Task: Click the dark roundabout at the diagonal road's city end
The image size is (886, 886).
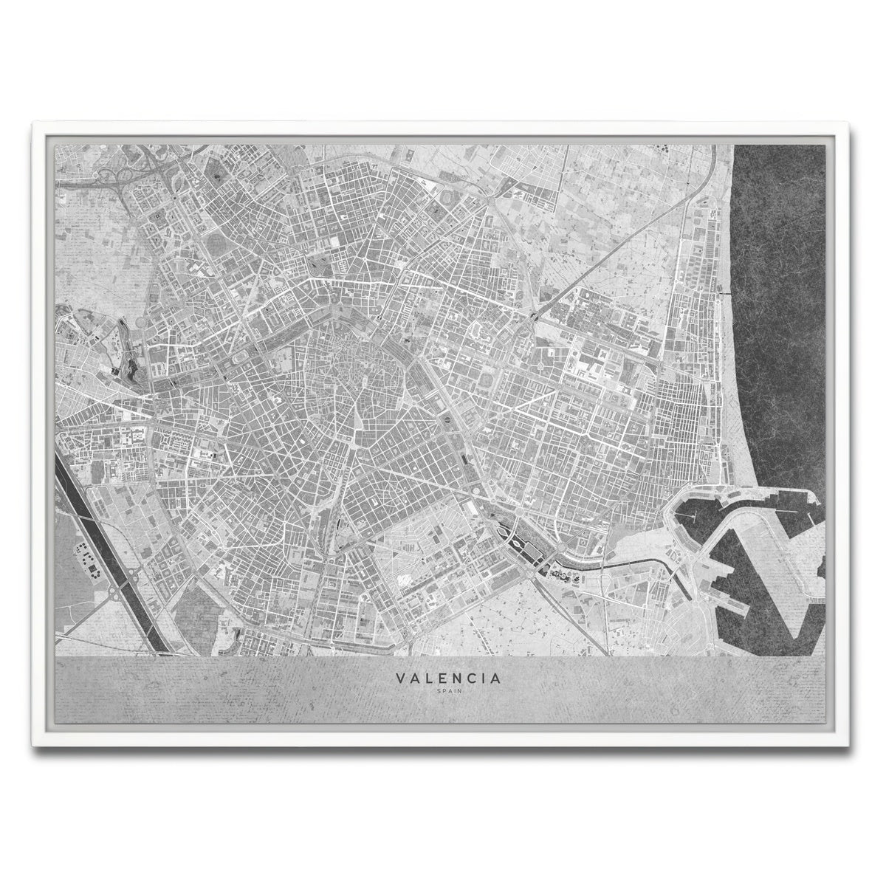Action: point(532,317)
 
